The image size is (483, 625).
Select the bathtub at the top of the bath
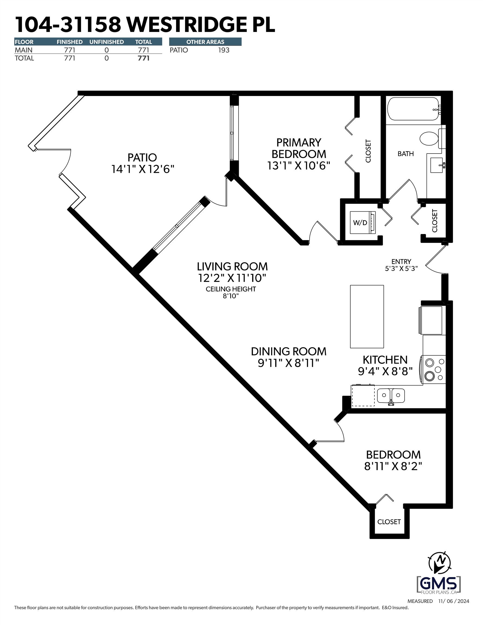coord(413,109)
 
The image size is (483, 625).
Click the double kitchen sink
coord(390,396)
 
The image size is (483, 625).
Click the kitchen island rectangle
coord(367,317)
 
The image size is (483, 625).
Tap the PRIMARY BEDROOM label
coord(298,148)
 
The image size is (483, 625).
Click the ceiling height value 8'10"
coord(231,296)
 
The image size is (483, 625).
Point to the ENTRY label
coord(401,262)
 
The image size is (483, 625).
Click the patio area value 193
coord(224,50)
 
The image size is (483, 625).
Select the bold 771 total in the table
coord(144,58)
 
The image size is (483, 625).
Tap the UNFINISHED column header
coord(107,42)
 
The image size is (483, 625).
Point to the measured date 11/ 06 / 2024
coord(453,601)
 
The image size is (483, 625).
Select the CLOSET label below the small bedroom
coord(389,522)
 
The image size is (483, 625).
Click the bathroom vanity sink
coord(437,165)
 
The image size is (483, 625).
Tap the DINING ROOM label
coord(289,351)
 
